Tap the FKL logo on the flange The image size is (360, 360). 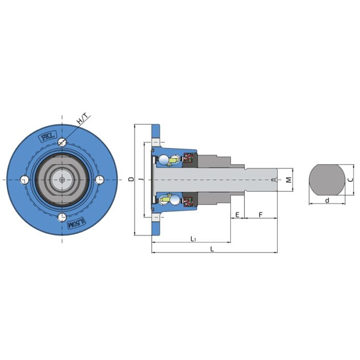coord(48,137)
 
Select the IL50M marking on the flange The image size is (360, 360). coord(76,224)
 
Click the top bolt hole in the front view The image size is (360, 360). coord(62,141)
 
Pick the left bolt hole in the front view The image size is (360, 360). coord(25,180)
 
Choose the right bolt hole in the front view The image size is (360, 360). coord(100,179)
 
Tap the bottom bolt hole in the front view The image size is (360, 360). coord(62,217)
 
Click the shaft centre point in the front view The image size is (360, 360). coord(62,180)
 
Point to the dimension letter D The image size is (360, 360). coord(131,179)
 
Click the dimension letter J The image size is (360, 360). coord(141,179)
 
